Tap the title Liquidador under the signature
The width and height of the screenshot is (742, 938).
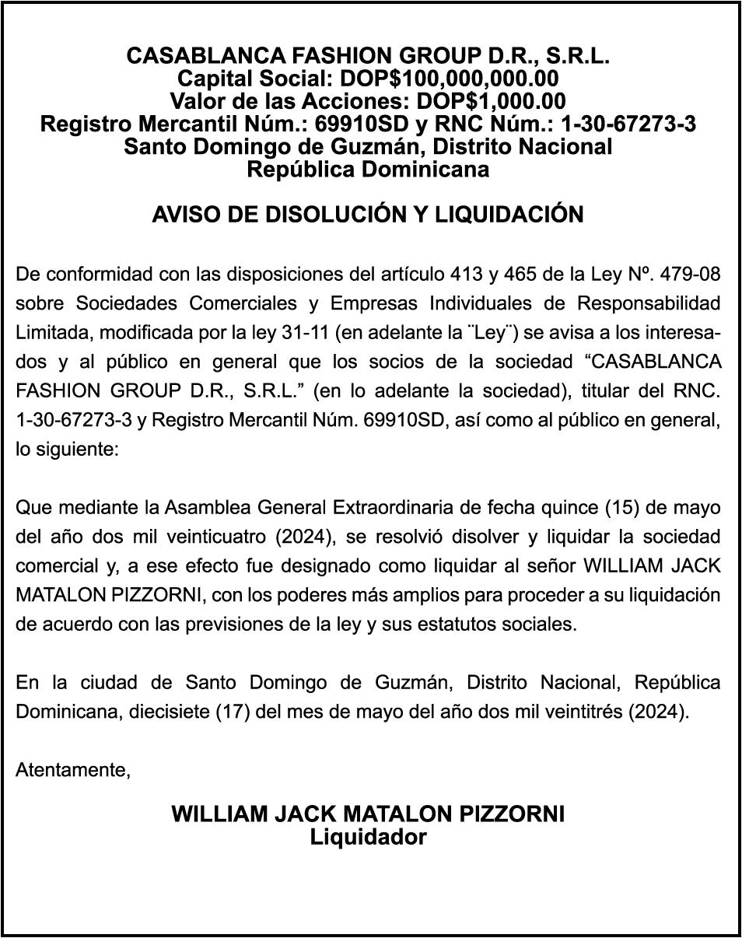coord(368,838)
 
